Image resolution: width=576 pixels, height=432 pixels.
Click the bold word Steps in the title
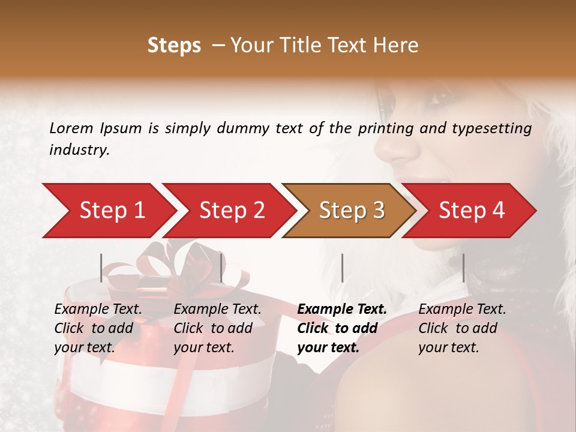[174, 46]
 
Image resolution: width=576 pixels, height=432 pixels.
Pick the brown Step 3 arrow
[351, 211]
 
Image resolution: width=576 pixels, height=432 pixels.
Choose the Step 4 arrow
[471, 211]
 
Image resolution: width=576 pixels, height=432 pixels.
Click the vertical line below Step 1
[101, 268]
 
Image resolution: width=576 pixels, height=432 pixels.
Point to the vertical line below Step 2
[221, 268]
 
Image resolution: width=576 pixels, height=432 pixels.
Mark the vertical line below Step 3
[342, 268]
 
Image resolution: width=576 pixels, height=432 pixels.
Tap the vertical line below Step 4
[463, 268]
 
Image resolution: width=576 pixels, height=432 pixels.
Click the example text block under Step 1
[98, 328]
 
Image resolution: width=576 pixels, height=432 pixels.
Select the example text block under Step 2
[217, 328]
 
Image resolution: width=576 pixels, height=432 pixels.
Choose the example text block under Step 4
[462, 328]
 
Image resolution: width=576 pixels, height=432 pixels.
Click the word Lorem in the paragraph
[71, 128]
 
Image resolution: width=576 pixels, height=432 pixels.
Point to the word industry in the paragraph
[79, 150]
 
